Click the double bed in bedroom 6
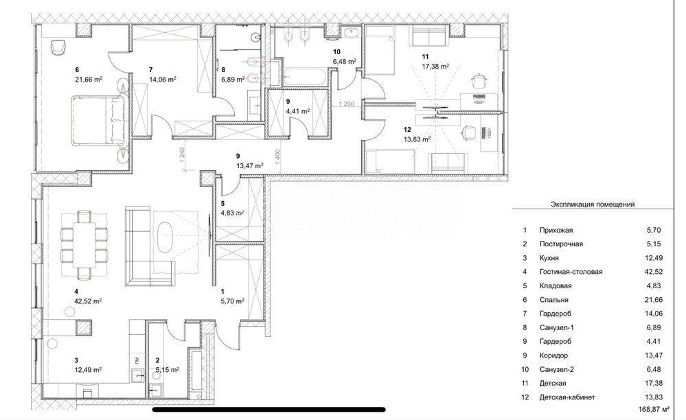point(99,120)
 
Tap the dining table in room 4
point(84,244)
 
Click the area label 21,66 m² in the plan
point(89,80)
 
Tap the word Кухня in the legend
point(549,258)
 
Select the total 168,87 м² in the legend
point(654,410)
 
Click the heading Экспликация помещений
point(593,204)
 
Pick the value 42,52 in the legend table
point(654,271)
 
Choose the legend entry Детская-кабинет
point(567,397)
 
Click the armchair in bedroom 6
point(58,47)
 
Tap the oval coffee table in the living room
point(165,237)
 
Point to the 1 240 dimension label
point(183,156)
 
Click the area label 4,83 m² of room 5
point(232,213)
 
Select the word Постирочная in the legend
point(561,244)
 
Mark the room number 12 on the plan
point(407,130)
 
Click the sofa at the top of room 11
point(428,35)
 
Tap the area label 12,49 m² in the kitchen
point(88,369)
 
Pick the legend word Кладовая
point(556,285)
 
